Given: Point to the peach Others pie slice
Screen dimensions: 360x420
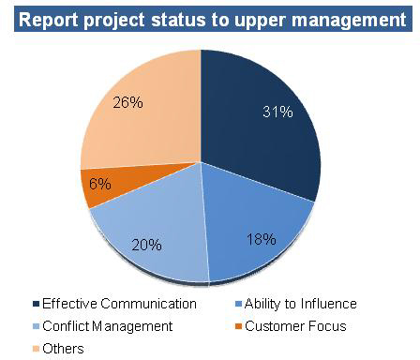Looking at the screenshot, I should [x=141, y=122].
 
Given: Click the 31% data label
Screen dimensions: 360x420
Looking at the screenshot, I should [x=277, y=114].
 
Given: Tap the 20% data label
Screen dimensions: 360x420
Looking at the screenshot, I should [x=148, y=245].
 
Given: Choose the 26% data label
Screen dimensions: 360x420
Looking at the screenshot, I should [x=127, y=101].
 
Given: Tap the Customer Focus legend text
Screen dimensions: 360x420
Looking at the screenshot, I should [x=300, y=326].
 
